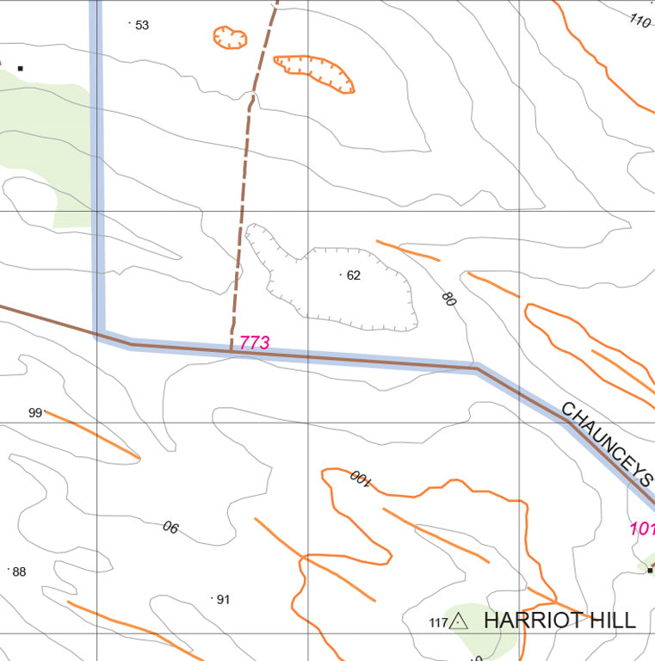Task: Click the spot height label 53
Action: click(142, 25)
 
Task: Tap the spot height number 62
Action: click(353, 275)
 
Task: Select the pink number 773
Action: click(255, 343)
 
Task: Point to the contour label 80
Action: click(448, 299)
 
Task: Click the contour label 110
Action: click(640, 21)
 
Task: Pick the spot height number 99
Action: click(35, 412)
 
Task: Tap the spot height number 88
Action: click(19, 571)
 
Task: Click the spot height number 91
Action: click(223, 599)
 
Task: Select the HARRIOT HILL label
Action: click(559, 620)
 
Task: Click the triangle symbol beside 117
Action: click(459, 621)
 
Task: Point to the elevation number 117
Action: click(438, 622)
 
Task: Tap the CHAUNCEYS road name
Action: click(608, 443)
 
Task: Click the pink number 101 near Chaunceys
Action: click(642, 528)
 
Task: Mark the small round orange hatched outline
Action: click(230, 37)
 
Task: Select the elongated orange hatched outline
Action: click(314, 71)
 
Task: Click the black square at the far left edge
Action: click(20, 68)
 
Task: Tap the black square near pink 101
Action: click(650, 570)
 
